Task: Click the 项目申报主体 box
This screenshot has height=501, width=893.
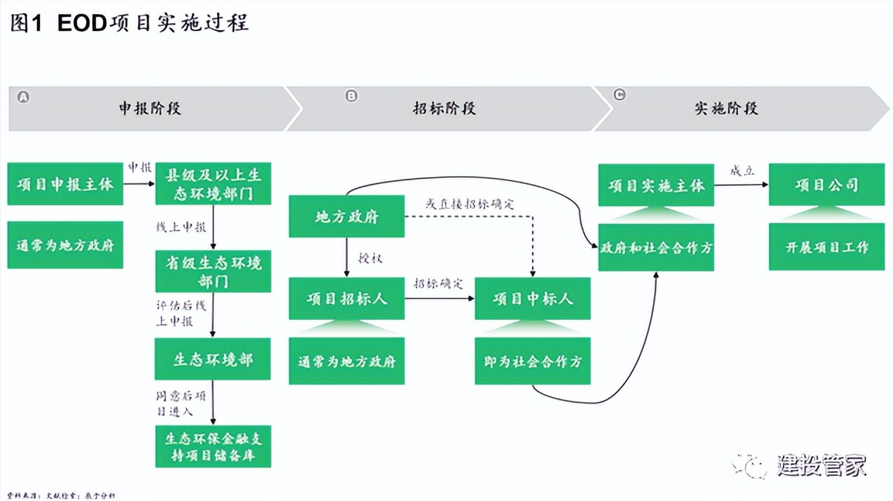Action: coord(65,185)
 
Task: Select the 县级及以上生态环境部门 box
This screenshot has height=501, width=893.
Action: coord(213,184)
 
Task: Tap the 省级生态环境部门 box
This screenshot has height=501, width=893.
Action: coord(213,271)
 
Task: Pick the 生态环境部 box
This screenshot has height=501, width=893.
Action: coord(213,359)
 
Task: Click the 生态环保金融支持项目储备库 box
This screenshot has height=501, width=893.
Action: coord(213,447)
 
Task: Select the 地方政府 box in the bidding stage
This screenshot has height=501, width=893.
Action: coord(346,217)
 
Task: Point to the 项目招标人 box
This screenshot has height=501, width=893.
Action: coord(346,299)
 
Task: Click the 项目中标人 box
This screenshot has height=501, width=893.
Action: coord(533,299)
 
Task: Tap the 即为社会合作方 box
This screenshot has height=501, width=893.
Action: coord(533,361)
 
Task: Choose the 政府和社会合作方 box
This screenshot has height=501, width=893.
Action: coord(656,247)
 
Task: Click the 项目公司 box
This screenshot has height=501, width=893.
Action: coord(826,185)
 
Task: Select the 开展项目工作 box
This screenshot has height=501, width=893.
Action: coord(826,247)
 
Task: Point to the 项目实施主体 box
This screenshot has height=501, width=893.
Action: coord(656,185)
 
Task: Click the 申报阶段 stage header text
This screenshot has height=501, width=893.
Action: coord(150,109)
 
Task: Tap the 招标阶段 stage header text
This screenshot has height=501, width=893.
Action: coord(444,109)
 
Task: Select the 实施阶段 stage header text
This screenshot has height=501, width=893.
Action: coord(726,109)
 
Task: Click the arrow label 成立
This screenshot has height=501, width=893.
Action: coord(742,171)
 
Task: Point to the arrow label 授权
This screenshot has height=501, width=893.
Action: coord(370,259)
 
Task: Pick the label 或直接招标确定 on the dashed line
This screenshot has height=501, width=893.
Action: coord(470,204)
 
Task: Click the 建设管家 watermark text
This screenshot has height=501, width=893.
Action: coord(821,465)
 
